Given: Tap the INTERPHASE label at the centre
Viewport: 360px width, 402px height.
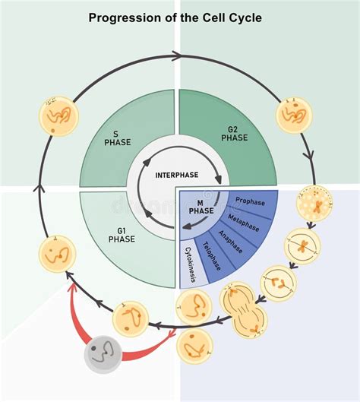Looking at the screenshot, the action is [x=177, y=175].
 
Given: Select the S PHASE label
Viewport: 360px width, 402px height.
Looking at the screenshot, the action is [x=118, y=138].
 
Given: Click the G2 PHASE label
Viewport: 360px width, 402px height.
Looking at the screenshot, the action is [x=235, y=134].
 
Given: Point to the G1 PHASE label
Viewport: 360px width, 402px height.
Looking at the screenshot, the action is [x=122, y=235].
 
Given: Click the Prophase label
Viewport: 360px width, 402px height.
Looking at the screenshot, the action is [x=251, y=201].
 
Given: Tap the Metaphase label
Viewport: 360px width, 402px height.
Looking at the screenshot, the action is [x=243, y=223].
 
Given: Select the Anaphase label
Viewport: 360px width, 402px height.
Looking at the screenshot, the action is [x=231, y=242].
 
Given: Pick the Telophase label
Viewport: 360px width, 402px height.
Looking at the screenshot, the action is [x=212, y=256].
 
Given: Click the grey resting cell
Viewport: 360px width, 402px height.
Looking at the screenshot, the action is [x=103, y=354].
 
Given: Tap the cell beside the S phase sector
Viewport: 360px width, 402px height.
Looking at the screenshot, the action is [x=58, y=116].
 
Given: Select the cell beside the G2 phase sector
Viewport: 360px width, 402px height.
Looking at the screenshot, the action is [x=294, y=115].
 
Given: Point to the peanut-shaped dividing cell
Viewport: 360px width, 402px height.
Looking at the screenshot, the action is [x=243, y=311].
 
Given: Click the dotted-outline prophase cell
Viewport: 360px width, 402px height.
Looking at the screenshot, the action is [x=314, y=203].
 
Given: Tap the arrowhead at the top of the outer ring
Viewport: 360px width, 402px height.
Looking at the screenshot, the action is [x=176, y=55].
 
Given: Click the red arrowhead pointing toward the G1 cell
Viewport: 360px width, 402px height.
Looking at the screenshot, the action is [x=72, y=288].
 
